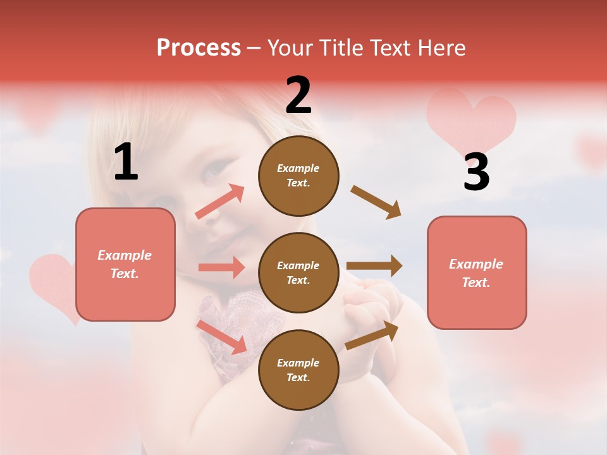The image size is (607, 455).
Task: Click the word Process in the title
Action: coord(199,48)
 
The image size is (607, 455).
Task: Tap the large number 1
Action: coord(126,162)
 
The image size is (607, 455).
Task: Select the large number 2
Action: coord(298,95)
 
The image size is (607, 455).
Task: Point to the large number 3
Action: coord(476,172)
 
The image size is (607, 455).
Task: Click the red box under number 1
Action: coord(125,264)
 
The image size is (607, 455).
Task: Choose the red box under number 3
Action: coord(477,272)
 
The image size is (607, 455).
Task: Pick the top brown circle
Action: coord(298,175)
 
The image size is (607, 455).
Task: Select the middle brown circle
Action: coord(298,272)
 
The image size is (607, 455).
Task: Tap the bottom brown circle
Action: coord(298,370)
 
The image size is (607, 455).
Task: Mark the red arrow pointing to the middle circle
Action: coord(221,267)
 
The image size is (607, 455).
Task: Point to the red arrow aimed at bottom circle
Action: coord(221,337)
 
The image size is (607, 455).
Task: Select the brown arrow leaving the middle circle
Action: coord(374,265)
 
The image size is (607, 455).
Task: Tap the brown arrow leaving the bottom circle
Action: coord(372,335)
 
